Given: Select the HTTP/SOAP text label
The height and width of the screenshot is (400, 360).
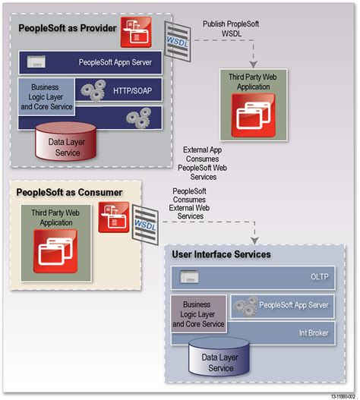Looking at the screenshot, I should pyautogui.click(x=131, y=90).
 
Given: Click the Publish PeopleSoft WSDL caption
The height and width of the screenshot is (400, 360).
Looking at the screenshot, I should pyautogui.click(x=232, y=28).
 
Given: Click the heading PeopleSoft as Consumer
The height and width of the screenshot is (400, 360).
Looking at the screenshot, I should pyautogui.click(x=69, y=192).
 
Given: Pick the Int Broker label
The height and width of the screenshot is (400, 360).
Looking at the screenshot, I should pyautogui.click(x=316, y=332).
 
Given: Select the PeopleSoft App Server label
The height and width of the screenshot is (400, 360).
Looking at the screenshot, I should pyautogui.click(x=292, y=305).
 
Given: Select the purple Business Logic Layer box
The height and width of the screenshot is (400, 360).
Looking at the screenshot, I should pyautogui.click(x=200, y=313).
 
